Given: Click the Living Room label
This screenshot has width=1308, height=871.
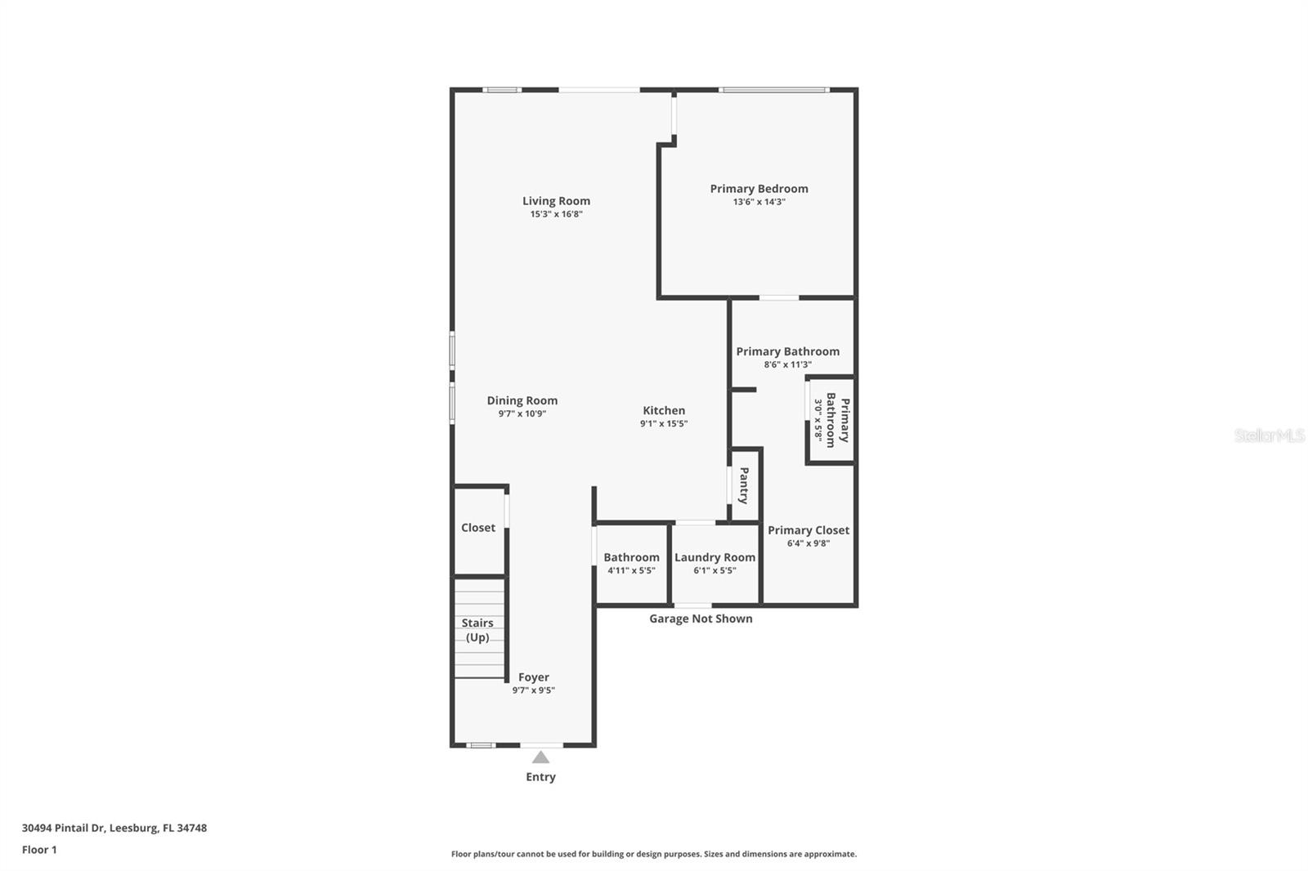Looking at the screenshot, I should point(556,201).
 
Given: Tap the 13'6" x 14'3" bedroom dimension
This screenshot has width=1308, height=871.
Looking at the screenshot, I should point(759,202).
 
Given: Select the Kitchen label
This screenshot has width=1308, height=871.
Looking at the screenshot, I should point(664,411).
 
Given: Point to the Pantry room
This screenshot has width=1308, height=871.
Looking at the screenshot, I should point(745,485).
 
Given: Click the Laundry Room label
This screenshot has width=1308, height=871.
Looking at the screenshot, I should point(714,557).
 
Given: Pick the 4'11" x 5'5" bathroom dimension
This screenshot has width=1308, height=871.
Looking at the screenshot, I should point(631,570).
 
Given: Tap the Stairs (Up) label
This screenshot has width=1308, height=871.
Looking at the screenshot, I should point(477,630).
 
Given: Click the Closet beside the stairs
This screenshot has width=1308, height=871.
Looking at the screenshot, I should point(478,528).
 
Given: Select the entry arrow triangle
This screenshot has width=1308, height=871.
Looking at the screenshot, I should point(540,757).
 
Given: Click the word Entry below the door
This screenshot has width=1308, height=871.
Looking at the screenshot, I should point(540,777).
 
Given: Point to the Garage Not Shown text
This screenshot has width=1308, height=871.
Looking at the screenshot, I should point(701,619).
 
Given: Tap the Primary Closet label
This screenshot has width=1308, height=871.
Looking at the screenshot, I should point(809,530).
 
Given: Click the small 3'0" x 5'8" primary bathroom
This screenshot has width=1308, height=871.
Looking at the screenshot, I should point(831,420).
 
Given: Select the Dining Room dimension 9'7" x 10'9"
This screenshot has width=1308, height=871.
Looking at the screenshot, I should point(522,413).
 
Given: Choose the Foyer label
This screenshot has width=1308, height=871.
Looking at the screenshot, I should point(533,677).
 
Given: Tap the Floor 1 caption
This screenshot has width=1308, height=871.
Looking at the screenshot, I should point(39,850).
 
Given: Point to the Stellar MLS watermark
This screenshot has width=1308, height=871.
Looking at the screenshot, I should point(1269,435).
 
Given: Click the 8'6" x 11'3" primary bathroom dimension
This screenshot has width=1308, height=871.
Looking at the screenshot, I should point(787,364).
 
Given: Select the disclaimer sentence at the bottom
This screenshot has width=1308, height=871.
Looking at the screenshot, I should point(654,854).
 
